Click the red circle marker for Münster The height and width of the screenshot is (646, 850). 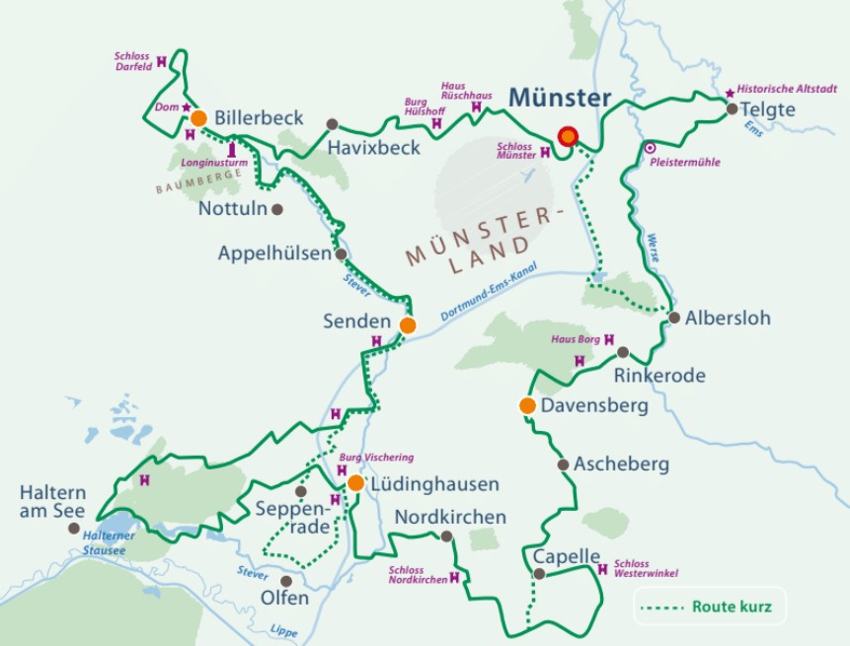point(568,137)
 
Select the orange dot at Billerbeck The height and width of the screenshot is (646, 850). point(198,118)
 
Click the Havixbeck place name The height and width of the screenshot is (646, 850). point(375,147)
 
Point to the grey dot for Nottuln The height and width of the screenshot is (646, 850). point(277,209)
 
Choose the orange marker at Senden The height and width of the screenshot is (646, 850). point(408,323)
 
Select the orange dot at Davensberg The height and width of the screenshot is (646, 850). point(527,405)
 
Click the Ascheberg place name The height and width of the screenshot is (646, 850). point(621,464)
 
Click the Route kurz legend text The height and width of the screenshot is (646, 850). point(732,607)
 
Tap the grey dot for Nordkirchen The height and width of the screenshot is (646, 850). point(446,537)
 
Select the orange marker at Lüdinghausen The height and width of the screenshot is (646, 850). point(355,483)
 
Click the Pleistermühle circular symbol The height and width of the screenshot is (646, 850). point(650,148)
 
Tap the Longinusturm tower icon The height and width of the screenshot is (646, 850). point(232,151)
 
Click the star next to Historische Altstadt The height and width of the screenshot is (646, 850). point(730,93)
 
